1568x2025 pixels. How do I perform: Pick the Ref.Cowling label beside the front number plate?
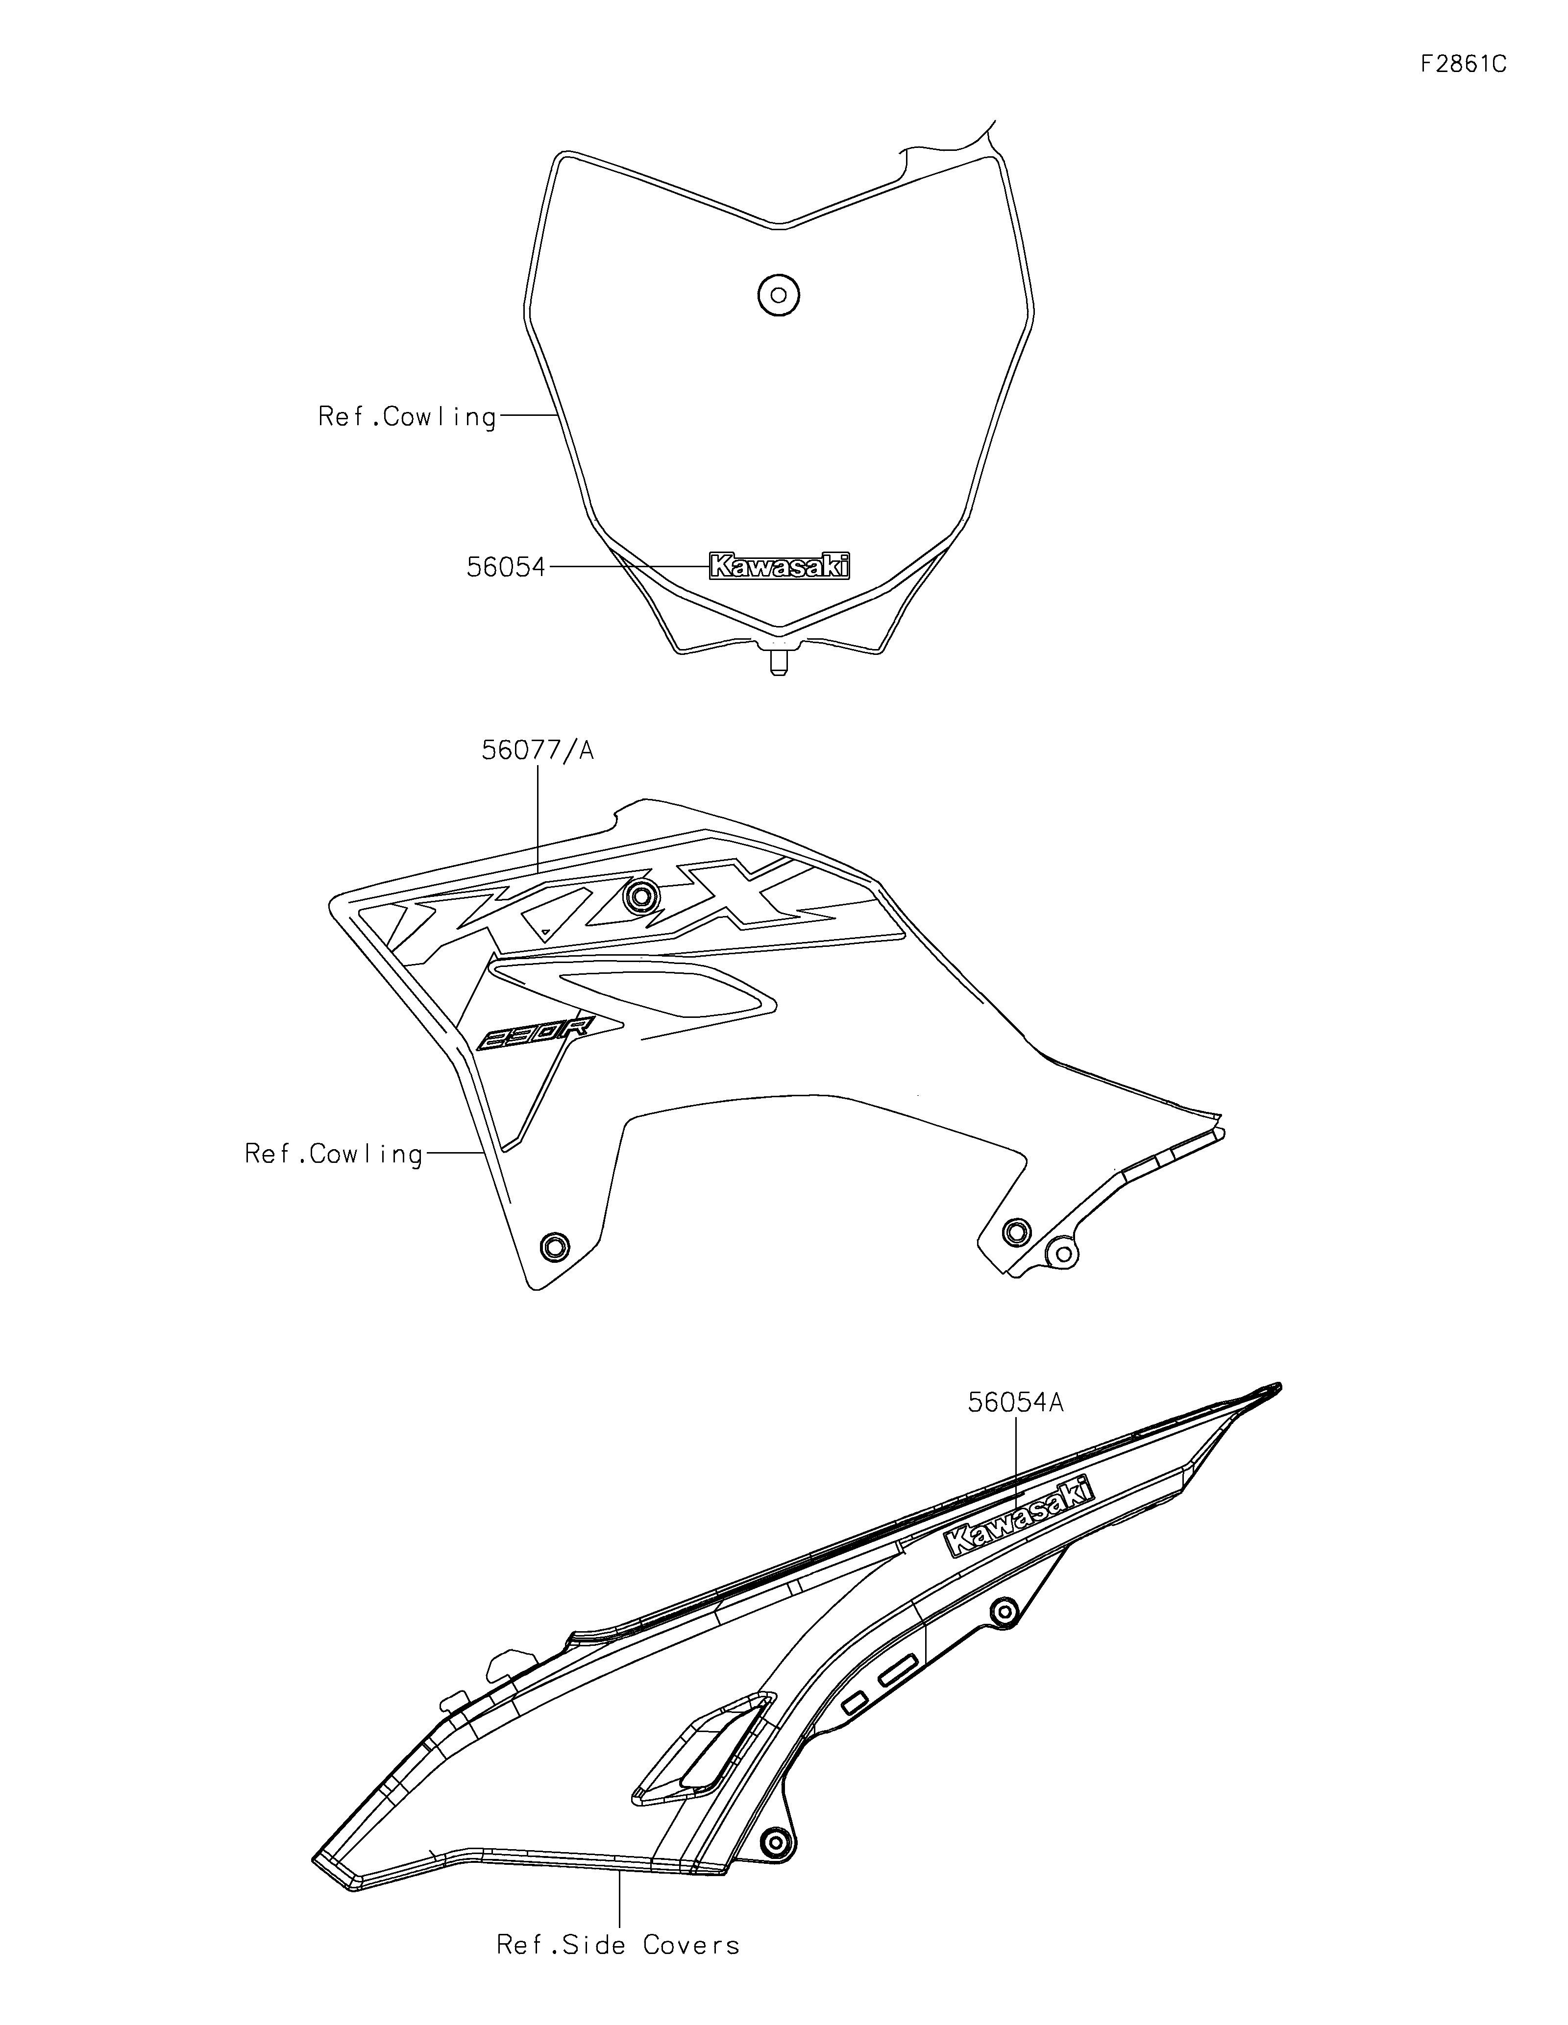407,417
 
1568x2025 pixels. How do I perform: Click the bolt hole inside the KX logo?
642,895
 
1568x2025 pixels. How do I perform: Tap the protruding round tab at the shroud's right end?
1061,1255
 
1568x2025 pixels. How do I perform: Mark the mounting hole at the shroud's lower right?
1016,1231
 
